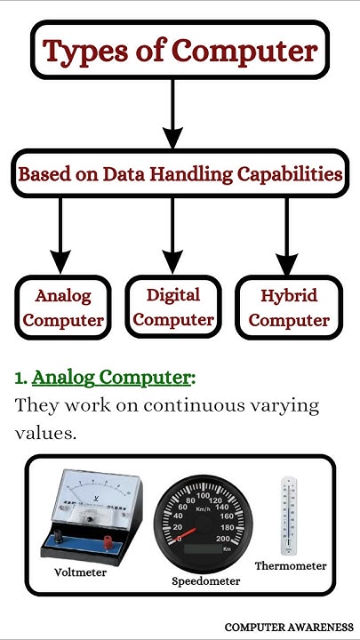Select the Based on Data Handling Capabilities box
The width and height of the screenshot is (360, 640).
coord(180,174)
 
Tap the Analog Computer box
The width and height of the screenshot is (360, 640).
coord(63,307)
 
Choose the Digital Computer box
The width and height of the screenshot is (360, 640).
coord(172,307)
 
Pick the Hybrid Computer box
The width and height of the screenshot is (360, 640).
coord(289,308)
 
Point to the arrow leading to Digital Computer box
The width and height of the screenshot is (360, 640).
coord(173,235)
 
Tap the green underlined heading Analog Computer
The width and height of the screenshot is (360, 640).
coord(111,378)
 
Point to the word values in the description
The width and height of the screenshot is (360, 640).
coord(45,435)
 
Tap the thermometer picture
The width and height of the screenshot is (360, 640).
coord(290,516)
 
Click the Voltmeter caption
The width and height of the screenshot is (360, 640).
coord(80,572)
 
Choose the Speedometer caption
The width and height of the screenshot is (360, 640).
coord(206,581)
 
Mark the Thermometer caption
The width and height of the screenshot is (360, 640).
coord(291,565)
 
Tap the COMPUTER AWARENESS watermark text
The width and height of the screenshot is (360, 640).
coord(289,627)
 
